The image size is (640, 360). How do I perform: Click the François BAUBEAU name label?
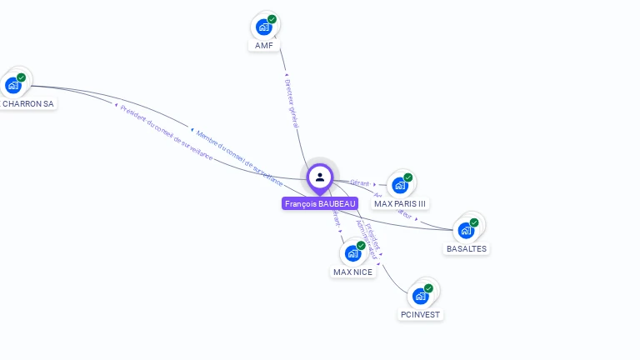coord(320,203)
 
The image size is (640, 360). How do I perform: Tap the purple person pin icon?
coord(320,177)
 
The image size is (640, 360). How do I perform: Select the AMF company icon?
coord(264,27)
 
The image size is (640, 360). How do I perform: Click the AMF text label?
coord(264,45)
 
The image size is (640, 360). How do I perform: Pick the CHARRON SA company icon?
coord(13,85)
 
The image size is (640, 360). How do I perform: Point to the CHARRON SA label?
coord(27,104)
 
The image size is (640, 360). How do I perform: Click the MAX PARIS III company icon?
coord(400,185)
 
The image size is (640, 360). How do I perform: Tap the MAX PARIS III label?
coord(400,203)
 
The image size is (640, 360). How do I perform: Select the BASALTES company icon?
coord(466,230)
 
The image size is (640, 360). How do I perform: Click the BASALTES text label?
coord(467,248)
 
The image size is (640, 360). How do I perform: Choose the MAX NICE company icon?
coord(353,253)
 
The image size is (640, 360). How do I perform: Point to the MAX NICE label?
coord(353,272)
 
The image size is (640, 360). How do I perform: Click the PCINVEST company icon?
coord(420,296)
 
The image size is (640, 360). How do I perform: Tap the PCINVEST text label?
coord(420,314)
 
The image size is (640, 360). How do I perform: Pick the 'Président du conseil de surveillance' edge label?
coord(166,132)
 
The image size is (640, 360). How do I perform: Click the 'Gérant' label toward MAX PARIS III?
coord(360,182)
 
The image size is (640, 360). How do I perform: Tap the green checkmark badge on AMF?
coord(272,19)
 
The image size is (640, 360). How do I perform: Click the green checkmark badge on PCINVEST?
coord(428,288)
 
